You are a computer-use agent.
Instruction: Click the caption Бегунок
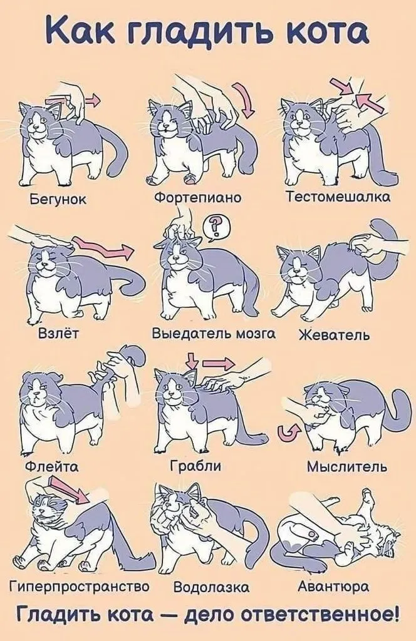[x=58, y=199]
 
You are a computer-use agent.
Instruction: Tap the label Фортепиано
[x=198, y=198]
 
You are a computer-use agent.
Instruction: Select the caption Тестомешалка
[x=338, y=197]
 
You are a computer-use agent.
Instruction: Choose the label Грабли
[x=195, y=466]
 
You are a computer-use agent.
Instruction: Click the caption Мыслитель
[x=347, y=466]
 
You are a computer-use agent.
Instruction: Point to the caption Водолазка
[x=211, y=587]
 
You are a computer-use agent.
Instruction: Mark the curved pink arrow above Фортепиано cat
[x=244, y=98]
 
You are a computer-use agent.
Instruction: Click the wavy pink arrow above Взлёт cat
[x=102, y=247]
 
